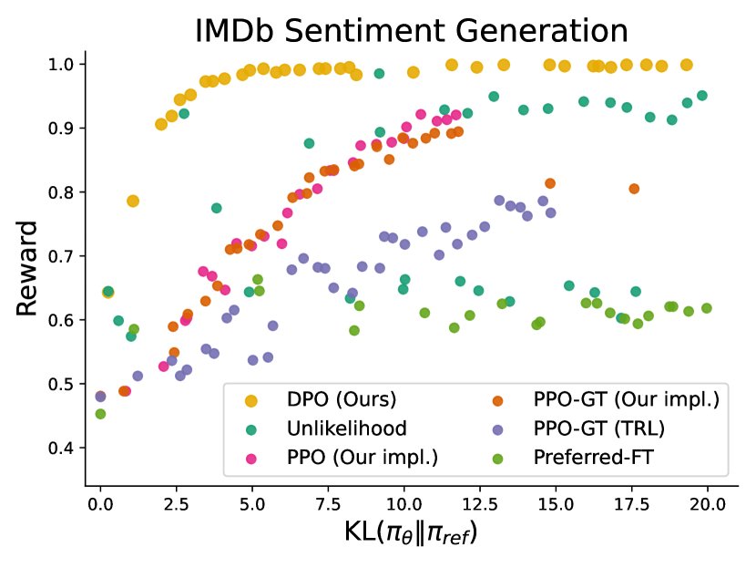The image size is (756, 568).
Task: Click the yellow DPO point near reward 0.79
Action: click(x=133, y=201)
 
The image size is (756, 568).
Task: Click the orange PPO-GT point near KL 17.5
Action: click(x=634, y=189)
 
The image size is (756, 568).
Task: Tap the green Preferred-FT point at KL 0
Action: click(x=100, y=414)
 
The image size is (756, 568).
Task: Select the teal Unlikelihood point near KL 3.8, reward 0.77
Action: click(x=217, y=208)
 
